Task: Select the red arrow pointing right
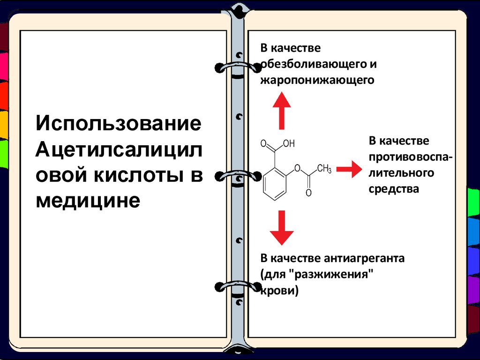(x=349, y=169)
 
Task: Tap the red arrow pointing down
(x=282, y=227)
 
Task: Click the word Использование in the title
(x=120, y=125)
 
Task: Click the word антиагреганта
(x=363, y=258)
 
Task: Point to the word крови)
(x=279, y=291)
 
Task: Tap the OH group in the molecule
(x=289, y=144)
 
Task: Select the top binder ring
(x=239, y=68)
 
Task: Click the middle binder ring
(x=238, y=176)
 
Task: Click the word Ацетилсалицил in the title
(x=120, y=150)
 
